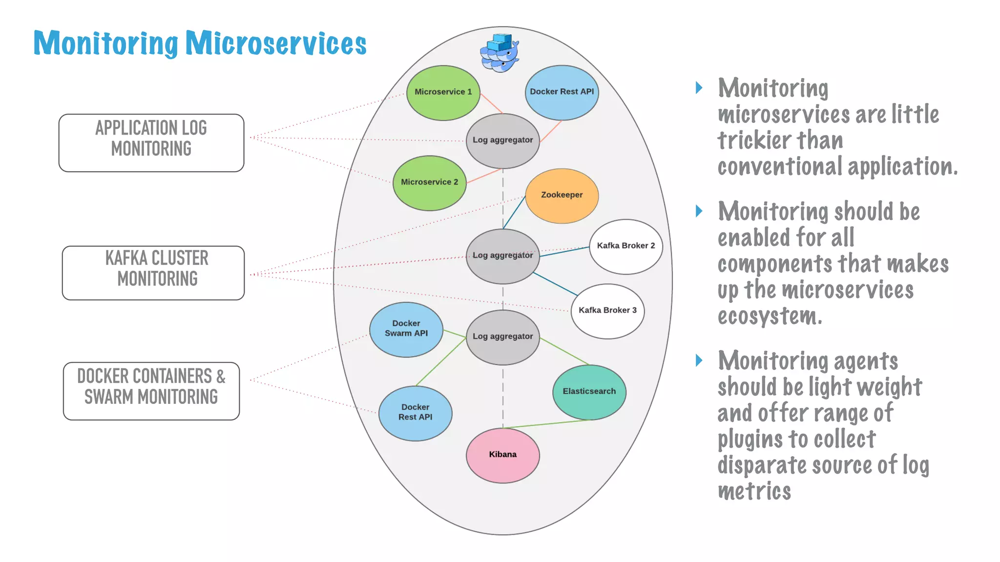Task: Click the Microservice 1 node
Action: pos(443,93)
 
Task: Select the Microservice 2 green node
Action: pos(429,183)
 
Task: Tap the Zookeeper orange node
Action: pos(562,196)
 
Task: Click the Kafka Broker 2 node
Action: pos(625,246)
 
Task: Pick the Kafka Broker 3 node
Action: pos(607,311)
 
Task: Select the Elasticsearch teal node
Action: pos(589,392)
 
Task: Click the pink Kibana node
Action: pos(502,455)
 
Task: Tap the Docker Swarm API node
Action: pos(406,329)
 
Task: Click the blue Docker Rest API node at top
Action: pos(562,92)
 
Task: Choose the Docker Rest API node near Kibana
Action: pos(415,413)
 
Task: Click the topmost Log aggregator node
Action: pos(502,140)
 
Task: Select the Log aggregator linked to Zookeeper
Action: pos(502,256)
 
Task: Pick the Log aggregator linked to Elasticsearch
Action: pos(502,337)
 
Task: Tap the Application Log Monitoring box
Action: pos(151,142)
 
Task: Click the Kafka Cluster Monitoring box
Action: pos(153,273)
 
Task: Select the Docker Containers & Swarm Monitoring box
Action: pos(151,391)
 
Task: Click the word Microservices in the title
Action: pos(276,44)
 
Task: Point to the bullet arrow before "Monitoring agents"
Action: pos(699,361)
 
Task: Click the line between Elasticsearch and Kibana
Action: pos(547,424)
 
